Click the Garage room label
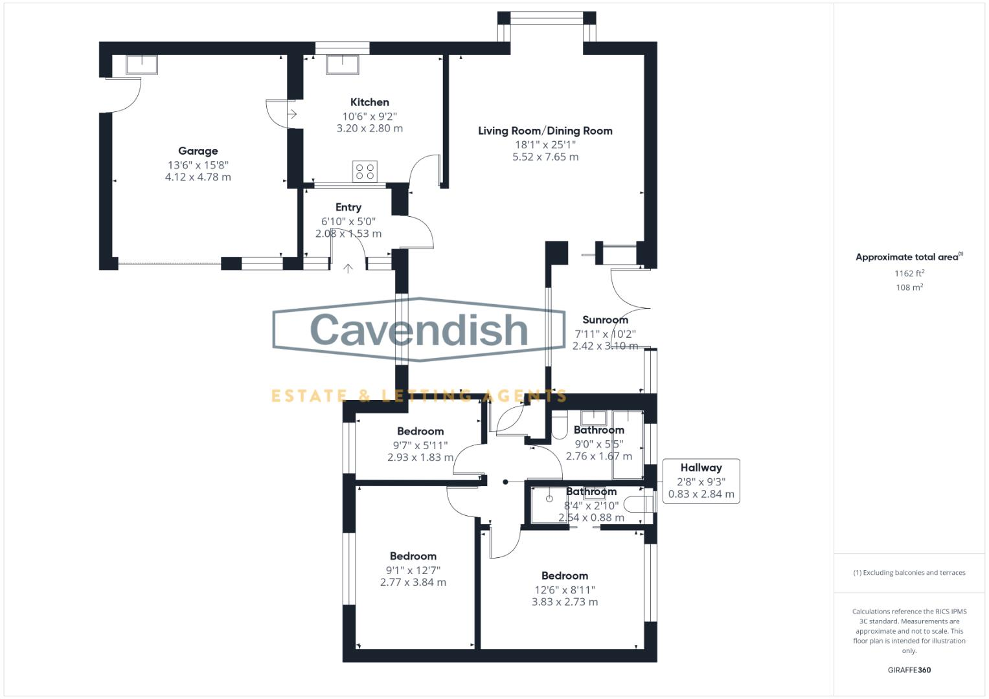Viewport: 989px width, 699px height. pyautogui.click(x=198, y=151)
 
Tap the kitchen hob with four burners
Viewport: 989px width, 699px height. pyautogui.click(x=365, y=171)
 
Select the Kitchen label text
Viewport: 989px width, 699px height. pyautogui.click(x=369, y=102)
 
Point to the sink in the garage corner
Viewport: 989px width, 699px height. pyautogui.click(x=142, y=65)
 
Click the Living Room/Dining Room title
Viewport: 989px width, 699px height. pyautogui.click(x=545, y=131)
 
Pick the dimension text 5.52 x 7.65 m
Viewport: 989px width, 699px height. pyautogui.click(x=545, y=157)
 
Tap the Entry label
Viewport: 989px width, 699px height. pyautogui.click(x=348, y=207)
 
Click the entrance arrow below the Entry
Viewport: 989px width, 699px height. pyautogui.click(x=348, y=267)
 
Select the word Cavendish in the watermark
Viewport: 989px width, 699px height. pyautogui.click(x=419, y=329)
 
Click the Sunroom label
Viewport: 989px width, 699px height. pyautogui.click(x=605, y=320)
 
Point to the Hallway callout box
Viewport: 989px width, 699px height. pyautogui.click(x=701, y=480)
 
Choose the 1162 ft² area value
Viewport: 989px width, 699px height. pyautogui.click(x=909, y=273)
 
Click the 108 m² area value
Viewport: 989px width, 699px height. pyautogui.click(x=909, y=287)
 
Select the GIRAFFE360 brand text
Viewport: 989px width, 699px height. pyautogui.click(x=909, y=670)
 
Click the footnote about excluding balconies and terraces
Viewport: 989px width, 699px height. pyautogui.click(x=909, y=573)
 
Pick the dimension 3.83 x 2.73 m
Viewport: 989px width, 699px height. pyautogui.click(x=564, y=602)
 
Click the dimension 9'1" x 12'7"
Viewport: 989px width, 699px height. pyautogui.click(x=413, y=570)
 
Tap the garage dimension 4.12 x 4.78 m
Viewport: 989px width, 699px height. pyautogui.click(x=198, y=177)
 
